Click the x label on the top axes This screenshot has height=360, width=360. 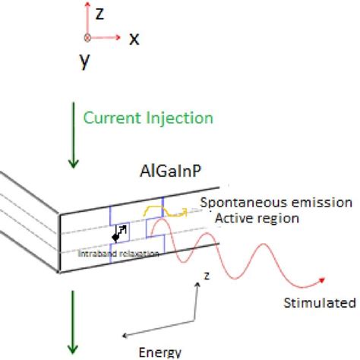[133, 38]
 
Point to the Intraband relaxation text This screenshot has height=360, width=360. [118, 254]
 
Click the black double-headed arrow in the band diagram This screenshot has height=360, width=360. [118, 233]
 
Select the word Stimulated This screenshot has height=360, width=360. [319, 303]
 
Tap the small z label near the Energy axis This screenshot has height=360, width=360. [207, 276]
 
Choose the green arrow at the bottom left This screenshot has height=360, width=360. [74, 323]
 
